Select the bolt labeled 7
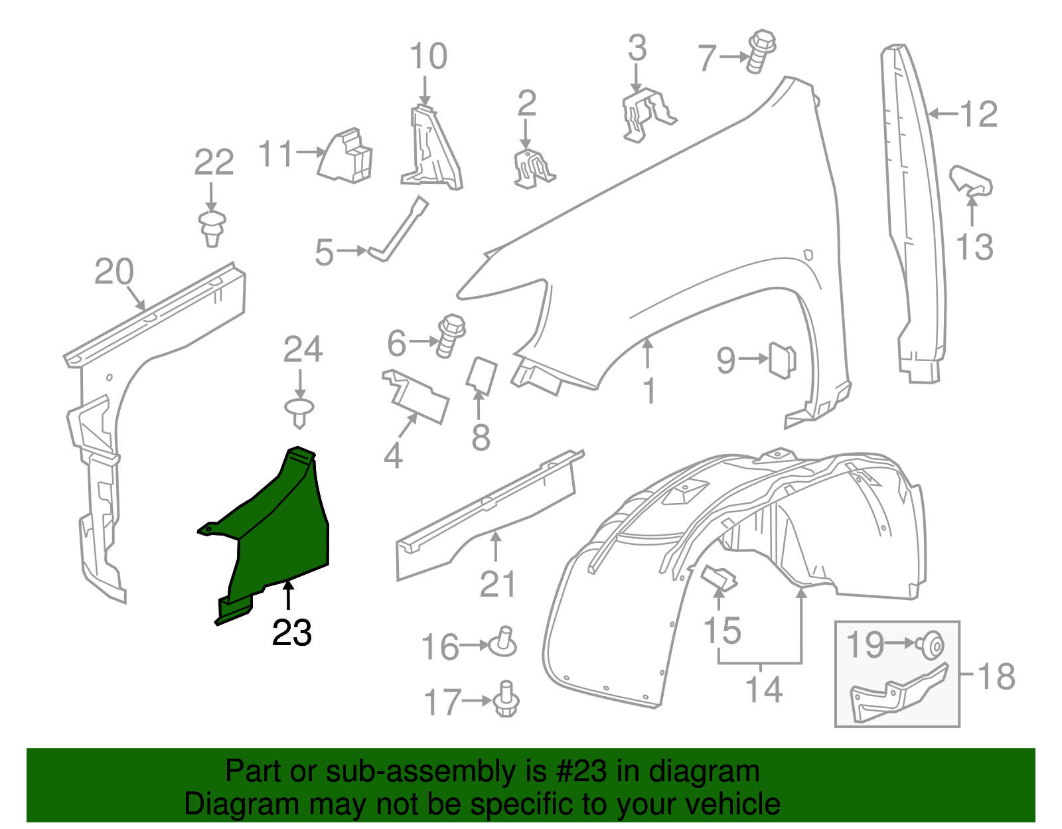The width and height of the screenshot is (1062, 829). point(759,50)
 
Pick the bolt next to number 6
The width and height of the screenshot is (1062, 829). point(450,335)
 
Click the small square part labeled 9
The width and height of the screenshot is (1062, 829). point(781,360)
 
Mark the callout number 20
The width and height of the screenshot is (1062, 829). point(114,271)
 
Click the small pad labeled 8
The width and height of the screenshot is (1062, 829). point(482,375)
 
